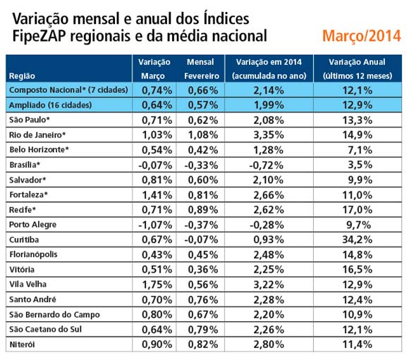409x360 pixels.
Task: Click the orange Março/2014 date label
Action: [x=362, y=36]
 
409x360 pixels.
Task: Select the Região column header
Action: [x=22, y=76]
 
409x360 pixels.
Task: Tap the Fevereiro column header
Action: [x=202, y=76]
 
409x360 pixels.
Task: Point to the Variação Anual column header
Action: [x=357, y=62]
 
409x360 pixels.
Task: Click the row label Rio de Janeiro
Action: [x=37, y=135]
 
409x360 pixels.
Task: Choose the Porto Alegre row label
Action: [x=33, y=225]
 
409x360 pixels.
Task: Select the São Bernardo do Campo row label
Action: [x=54, y=315]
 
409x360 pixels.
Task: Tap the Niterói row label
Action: [x=22, y=345]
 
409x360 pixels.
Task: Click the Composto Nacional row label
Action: [x=68, y=90]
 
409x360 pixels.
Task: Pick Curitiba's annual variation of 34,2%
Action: [x=357, y=240]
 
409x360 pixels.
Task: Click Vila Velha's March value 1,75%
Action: [x=157, y=285]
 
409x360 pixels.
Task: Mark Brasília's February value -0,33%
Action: [x=201, y=165]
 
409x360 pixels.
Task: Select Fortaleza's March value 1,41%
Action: [x=157, y=195]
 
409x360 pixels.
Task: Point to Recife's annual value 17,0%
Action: [x=357, y=210]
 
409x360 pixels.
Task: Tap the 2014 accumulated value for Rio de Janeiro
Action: [x=269, y=135]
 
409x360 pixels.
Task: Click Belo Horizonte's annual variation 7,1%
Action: [x=360, y=150]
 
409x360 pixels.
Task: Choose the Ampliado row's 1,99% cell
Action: [x=269, y=105]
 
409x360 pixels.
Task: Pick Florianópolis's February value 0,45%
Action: [x=203, y=255]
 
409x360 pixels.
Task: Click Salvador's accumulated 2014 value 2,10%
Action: [x=269, y=180]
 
